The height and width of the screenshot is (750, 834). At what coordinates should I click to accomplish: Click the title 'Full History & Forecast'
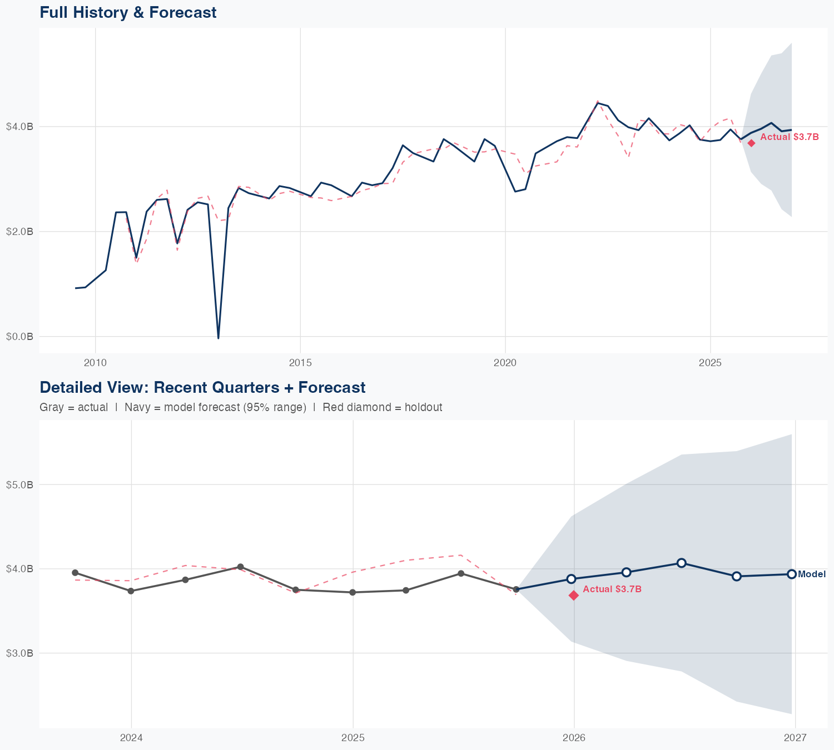coord(128,12)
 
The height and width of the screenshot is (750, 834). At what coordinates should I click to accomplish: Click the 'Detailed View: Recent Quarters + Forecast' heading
coord(202,387)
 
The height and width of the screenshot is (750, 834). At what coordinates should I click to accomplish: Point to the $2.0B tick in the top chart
coord(19,232)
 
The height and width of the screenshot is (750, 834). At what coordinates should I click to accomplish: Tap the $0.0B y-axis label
coord(19,337)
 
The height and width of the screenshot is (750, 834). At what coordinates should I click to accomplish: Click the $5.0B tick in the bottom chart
coord(19,485)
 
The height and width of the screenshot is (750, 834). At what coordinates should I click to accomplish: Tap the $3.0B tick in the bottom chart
coord(19,653)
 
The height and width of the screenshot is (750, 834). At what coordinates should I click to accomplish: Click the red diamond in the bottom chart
coord(574,596)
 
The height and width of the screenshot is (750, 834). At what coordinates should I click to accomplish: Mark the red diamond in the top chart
coord(751,143)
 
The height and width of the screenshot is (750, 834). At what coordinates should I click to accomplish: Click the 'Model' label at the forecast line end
coord(812,574)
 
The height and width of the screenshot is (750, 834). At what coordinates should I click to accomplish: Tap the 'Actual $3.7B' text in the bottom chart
coord(612,589)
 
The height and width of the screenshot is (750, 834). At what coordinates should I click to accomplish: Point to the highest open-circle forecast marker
coord(681,563)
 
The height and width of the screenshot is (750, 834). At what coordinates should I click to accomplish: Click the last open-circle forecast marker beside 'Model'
coord(791,574)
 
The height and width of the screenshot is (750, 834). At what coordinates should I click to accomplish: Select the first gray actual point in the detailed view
coord(75,573)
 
